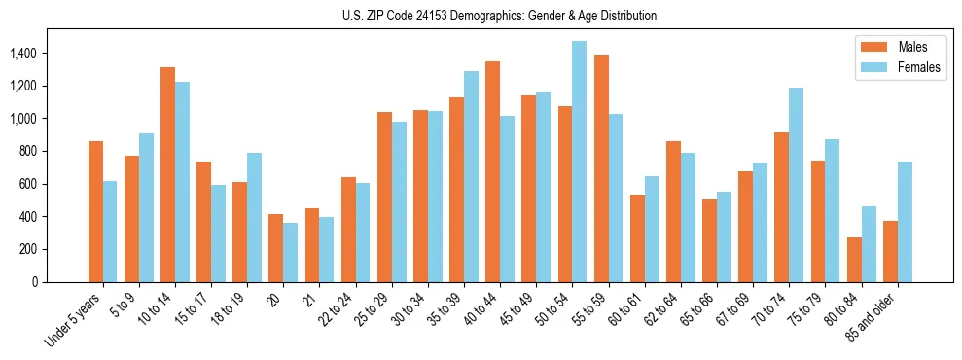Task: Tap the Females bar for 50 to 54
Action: click(x=579, y=162)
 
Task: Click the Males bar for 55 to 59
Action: click(x=601, y=168)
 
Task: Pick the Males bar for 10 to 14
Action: click(x=167, y=174)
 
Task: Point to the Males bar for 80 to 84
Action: click(x=854, y=259)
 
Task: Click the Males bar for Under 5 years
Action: click(x=95, y=211)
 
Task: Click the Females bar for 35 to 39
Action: click(x=471, y=176)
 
